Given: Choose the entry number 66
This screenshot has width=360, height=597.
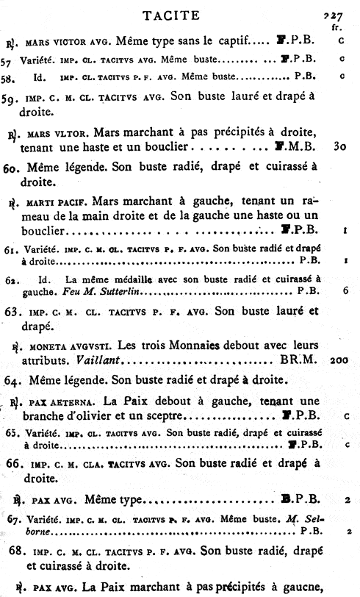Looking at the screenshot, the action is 11,464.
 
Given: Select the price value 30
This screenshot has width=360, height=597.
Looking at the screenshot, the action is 339,147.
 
